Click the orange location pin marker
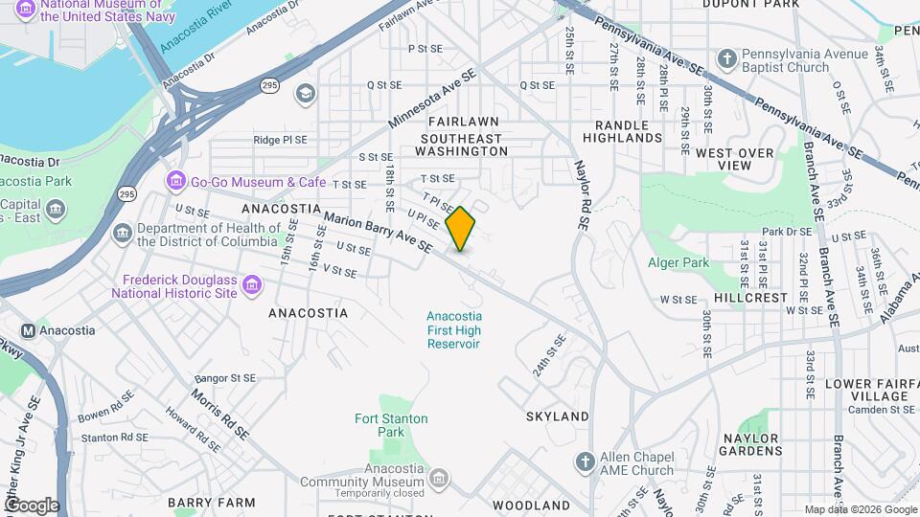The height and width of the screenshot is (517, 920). pyautogui.click(x=461, y=228)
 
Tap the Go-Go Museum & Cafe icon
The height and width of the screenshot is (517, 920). pyautogui.click(x=175, y=181)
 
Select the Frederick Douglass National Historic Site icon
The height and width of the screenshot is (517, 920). pyautogui.click(x=252, y=285)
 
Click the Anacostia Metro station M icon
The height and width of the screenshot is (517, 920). pyautogui.click(x=28, y=331)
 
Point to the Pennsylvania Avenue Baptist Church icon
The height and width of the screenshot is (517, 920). pyautogui.click(x=727, y=59)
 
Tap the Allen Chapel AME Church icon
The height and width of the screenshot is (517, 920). pyautogui.click(x=585, y=462)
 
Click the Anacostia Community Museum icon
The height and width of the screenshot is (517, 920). pyautogui.click(x=439, y=477)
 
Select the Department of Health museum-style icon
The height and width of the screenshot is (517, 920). pyautogui.click(x=123, y=234)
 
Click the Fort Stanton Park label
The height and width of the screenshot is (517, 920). pyautogui.click(x=391, y=425)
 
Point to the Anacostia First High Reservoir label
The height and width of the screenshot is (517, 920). pyautogui.click(x=453, y=329)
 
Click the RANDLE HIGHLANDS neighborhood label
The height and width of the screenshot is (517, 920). pyautogui.click(x=629, y=131)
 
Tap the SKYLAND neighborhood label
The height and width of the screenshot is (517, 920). pyautogui.click(x=557, y=416)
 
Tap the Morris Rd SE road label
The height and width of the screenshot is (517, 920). pyautogui.click(x=220, y=414)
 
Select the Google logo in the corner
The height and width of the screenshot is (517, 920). pyautogui.click(x=31, y=505)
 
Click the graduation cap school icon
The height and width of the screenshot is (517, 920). pyautogui.click(x=305, y=93)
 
